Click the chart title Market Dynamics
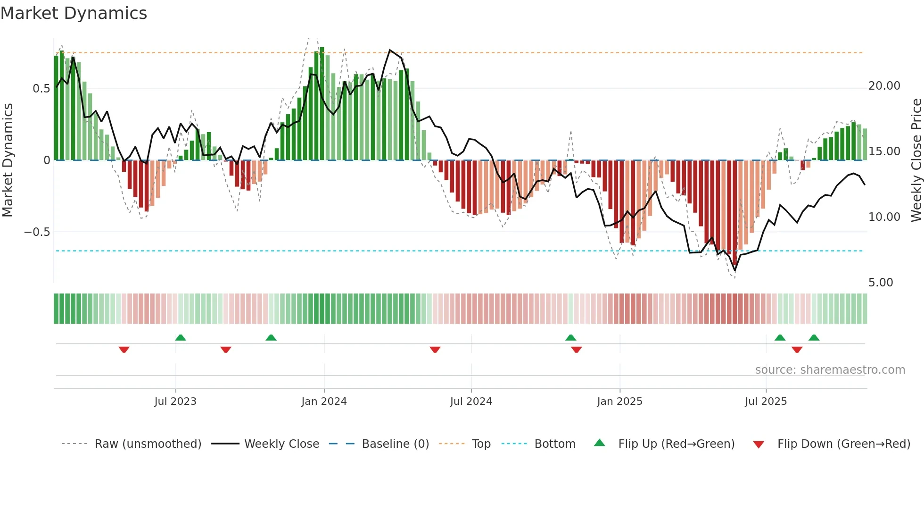pyautogui.click(x=74, y=13)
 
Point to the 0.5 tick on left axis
pyautogui.click(x=41, y=89)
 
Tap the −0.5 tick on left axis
pyautogui.click(x=37, y=232)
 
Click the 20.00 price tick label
pyautogui.click(x=884, y=86)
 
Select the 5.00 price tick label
pyautogui.click(x=881, y=283)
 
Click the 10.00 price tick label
pyautogui.click(x=884, y=217)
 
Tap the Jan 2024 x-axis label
pyautogui.click(x=324, y=402)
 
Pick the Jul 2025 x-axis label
pyautogui.click(x=766, y=402)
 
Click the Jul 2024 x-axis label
pyautogui.click(x=471, y=402)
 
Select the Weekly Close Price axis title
pyautogui.click(x=916, y=160)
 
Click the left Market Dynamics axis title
pyautogui.click(x=8, y=160)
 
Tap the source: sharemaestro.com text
pyautogui.click(x=830, y=370)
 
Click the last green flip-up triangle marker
pyautogui.click(x=814, y=337)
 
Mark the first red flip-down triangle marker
pyautogui.click(x=124, y=350)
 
